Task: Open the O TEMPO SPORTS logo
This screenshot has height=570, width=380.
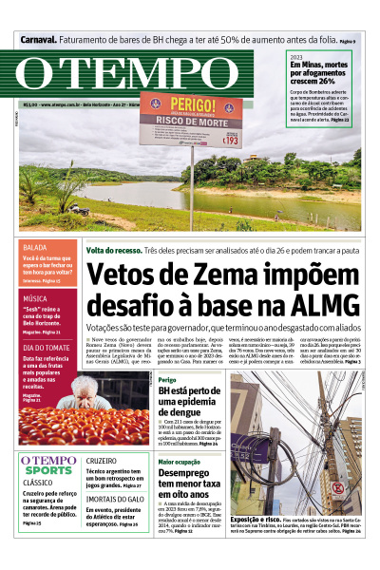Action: coord(48,465)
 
